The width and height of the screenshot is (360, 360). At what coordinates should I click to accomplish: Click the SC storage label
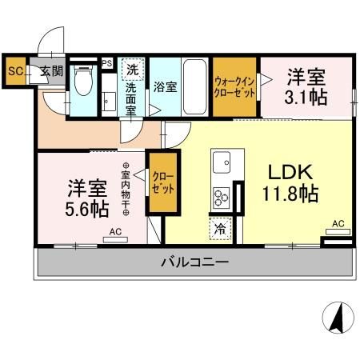(x=14, y=70)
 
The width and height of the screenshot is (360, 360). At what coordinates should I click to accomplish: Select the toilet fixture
(x=82, y=80)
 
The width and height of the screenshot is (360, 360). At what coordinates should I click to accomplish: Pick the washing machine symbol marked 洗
(x=132, y=69)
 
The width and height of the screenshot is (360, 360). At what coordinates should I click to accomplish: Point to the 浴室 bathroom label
(x=165, y=86)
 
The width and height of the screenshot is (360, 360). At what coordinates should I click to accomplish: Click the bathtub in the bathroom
(x=195, y=87)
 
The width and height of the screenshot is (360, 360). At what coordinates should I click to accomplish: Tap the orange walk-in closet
(x=234, y=86)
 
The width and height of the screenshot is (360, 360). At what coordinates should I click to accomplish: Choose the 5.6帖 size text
(x=88, y=210)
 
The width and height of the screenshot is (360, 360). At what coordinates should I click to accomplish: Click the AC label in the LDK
(x=338, y=224)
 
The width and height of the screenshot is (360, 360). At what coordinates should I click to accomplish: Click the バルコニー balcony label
(x=194, y=261)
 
